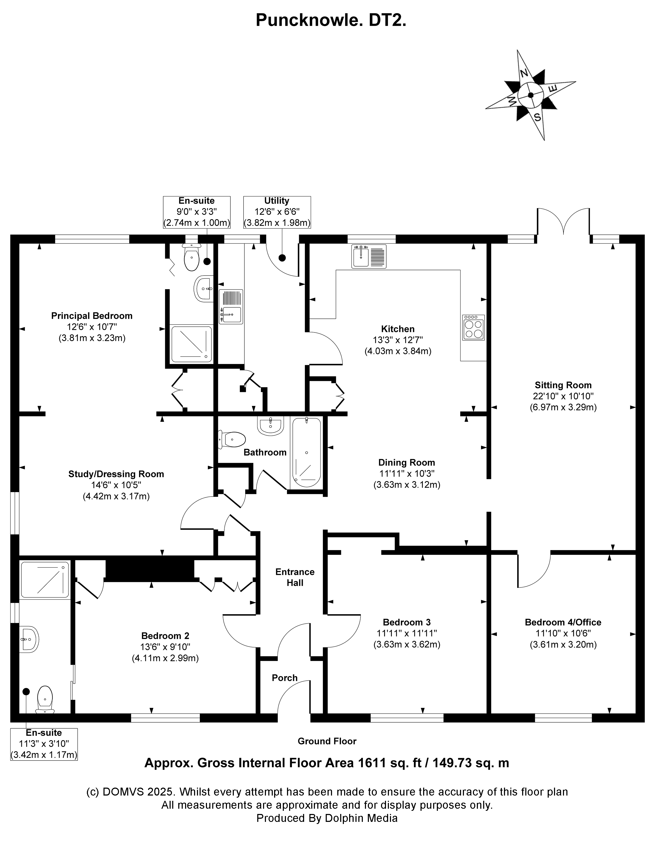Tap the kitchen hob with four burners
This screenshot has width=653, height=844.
point(473,328)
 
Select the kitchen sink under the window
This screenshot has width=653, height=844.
point(369,256)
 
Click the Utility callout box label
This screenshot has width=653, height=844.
point(277,201)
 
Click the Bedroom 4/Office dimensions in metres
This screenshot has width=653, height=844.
point(563,645)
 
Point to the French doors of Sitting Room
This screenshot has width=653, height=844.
point(563,222)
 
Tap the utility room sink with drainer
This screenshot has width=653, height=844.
point(231,306)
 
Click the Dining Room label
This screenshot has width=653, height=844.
point(407,463)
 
